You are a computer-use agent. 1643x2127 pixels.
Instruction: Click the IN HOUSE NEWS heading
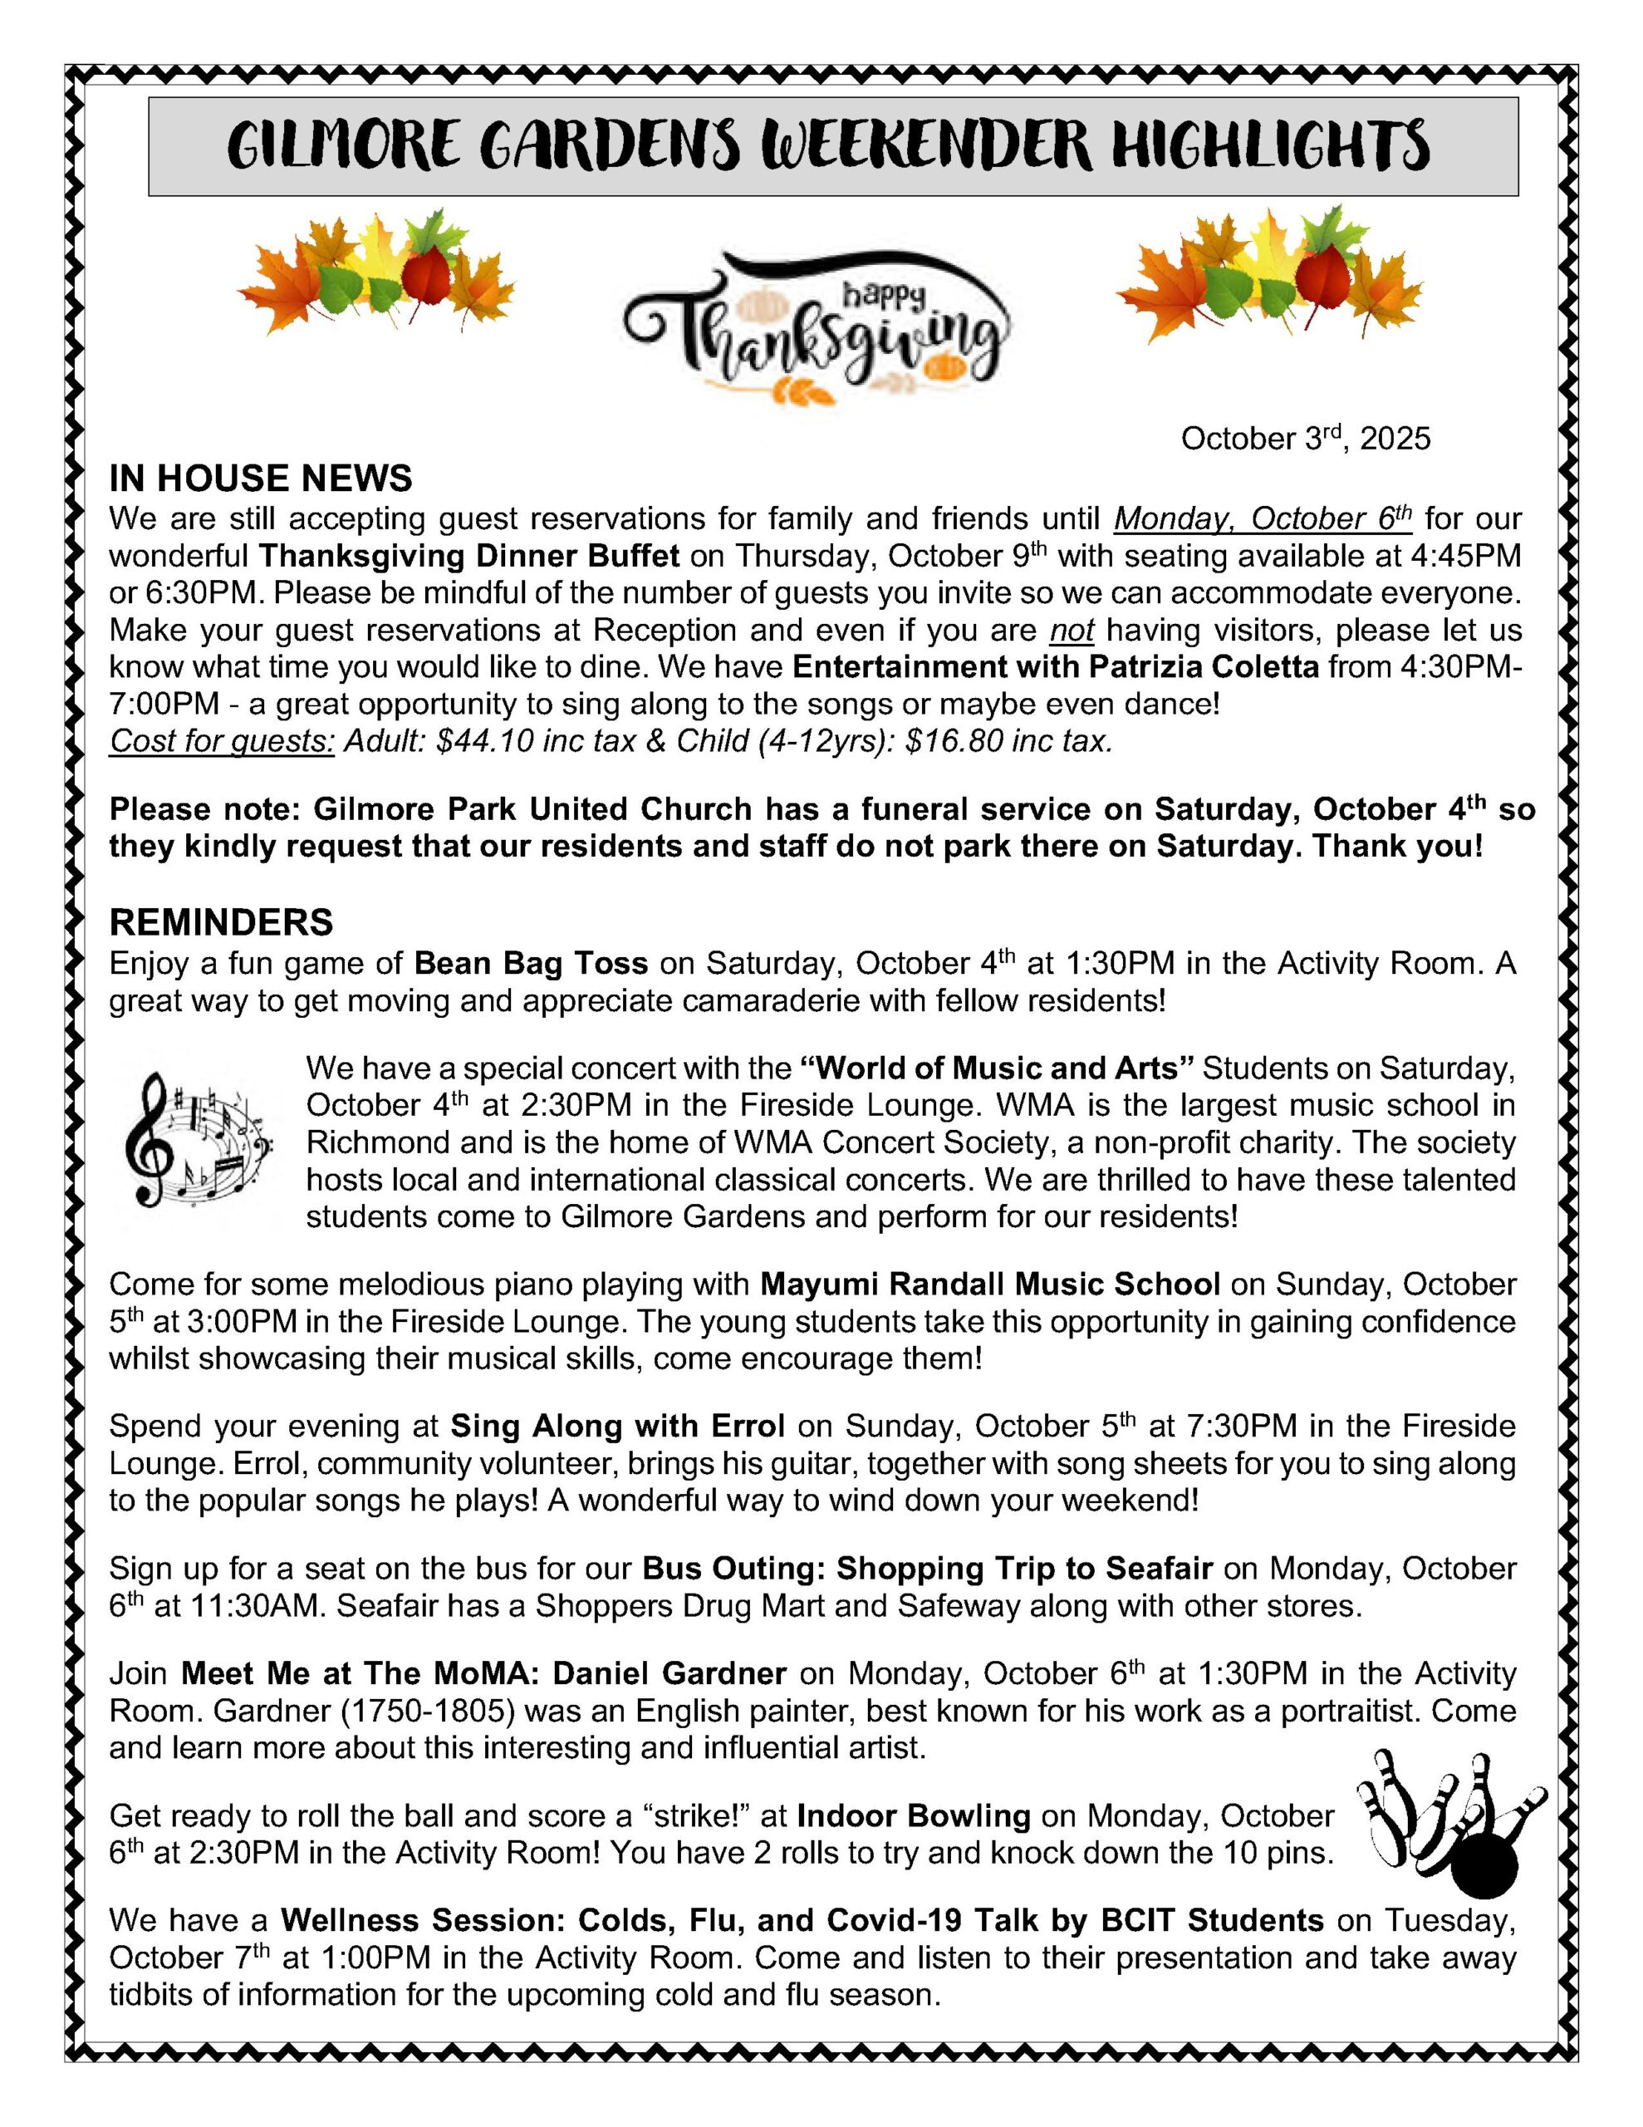coord(260,479)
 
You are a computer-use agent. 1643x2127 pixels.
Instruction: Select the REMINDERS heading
coord(221,921)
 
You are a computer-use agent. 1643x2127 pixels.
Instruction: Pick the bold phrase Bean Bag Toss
coord(531,963)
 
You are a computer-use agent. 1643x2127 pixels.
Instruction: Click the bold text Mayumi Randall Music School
coord(989,1284)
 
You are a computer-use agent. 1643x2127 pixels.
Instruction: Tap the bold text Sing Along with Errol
coord(616,1426)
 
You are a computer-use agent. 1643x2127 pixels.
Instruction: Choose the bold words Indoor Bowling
coord(913,1815)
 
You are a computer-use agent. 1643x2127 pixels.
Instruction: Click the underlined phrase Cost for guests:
coord(222,741)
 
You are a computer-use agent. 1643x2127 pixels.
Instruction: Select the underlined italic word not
coord(1072,630)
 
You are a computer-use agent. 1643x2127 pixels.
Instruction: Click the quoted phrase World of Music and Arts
coord(998,1068)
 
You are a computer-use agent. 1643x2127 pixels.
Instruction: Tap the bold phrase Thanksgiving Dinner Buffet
coord(468,556)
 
